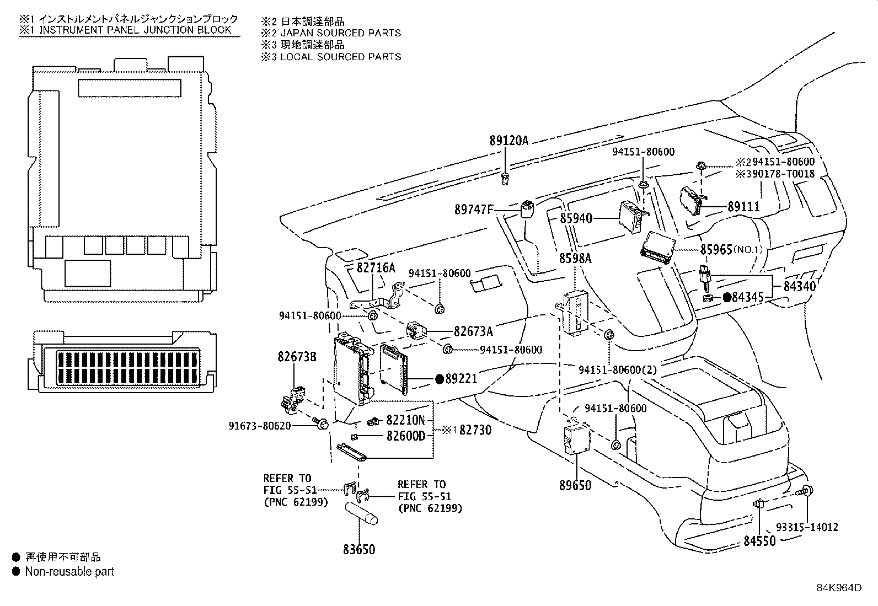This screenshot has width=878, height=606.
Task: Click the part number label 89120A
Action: (x=508, y=141)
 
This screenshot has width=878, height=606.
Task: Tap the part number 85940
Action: (x=576, y=218)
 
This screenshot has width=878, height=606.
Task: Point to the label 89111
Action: (x=743, y=207)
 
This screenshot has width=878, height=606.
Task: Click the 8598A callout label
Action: (x=575, y=258)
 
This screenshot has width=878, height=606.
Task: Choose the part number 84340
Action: (x=799, y=286)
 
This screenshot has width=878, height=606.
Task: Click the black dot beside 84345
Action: (x=727, y=298)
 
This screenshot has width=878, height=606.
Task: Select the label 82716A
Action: (x=376, y=268)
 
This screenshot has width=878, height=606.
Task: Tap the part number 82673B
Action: (x=297, y=357)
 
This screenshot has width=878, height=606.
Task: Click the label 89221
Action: (x=461, y=379)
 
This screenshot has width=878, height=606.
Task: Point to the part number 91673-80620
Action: (x=267, y=426)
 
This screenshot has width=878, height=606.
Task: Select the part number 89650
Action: (x=575, y=485)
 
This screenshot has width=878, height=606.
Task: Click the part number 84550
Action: (x=759, y=541)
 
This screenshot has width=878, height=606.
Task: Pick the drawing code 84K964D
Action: (x=839, y=587)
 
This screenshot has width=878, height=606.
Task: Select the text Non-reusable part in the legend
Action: (x=69, y=571)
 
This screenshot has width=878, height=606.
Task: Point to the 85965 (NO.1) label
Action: (x=731, y=249)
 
